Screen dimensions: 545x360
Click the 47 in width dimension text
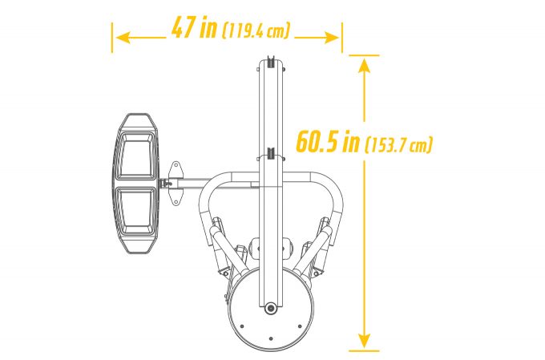(x=194, y=26)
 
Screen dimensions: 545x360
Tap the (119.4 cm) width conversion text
(x=256, y=30)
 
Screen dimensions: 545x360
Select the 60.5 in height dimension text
(x=328, y=141)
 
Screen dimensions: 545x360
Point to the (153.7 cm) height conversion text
(x=398, y=144)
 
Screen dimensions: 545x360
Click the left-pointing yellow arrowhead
(x=123, y=38)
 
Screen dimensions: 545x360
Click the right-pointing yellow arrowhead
(x=331, y=38)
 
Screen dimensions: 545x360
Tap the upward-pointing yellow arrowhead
(x=364, y=66)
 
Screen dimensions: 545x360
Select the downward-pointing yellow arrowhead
(x=364, y=341)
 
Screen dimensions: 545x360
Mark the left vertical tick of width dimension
(x=112, y=38)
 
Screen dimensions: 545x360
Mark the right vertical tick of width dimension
(x=342, y=38)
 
